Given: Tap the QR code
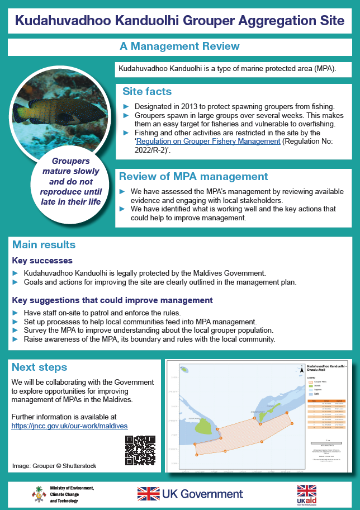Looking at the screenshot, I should (140, 450).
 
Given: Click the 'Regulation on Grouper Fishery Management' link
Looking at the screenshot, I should (208, 141).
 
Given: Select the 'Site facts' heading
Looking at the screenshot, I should (147, 91).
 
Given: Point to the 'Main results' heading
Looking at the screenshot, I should (44, 245).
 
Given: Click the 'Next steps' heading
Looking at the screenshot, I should (39, 367).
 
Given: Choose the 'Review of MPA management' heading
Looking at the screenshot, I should (193, 177).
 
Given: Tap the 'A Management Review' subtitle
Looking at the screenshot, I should (180, 46).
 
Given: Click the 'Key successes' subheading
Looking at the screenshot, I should (42, 261).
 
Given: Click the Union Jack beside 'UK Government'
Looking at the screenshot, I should (148, 493).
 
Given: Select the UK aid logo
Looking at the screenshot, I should (306, 494).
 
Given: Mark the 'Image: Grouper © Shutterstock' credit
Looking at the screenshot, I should (54, 465).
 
